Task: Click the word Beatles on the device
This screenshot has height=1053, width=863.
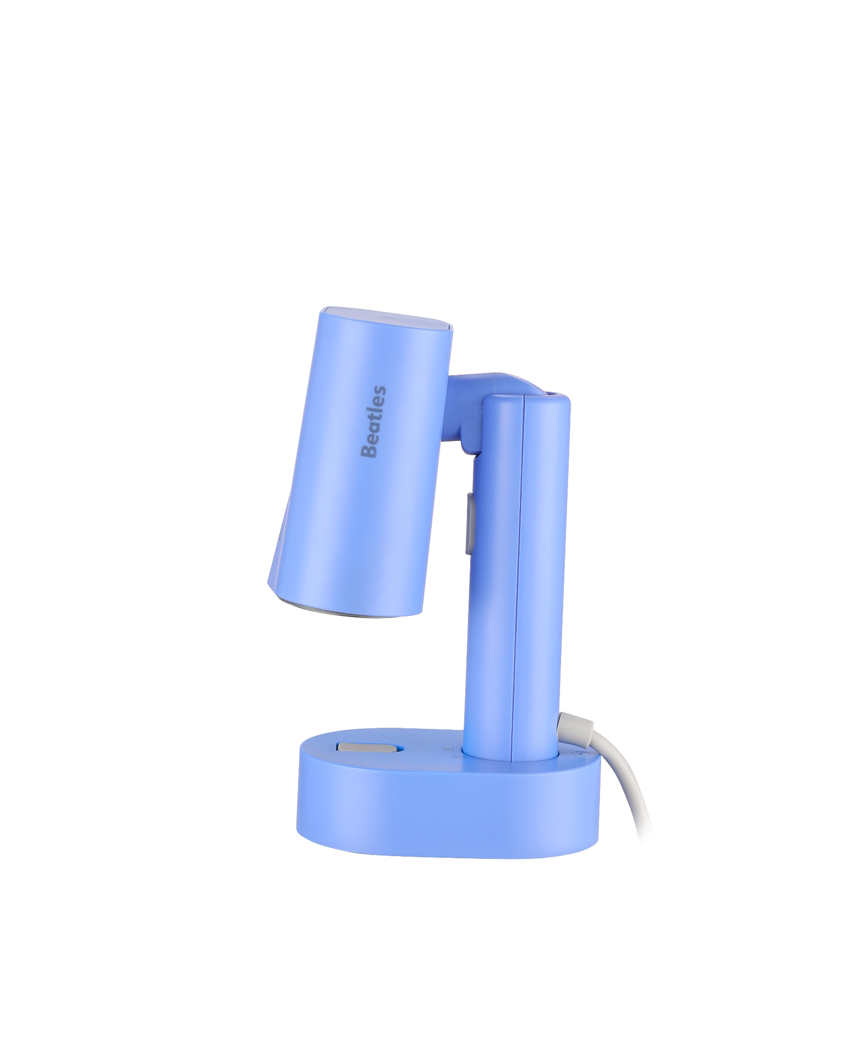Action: coord(374,422)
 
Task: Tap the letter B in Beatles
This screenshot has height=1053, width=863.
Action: coord(374,451)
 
